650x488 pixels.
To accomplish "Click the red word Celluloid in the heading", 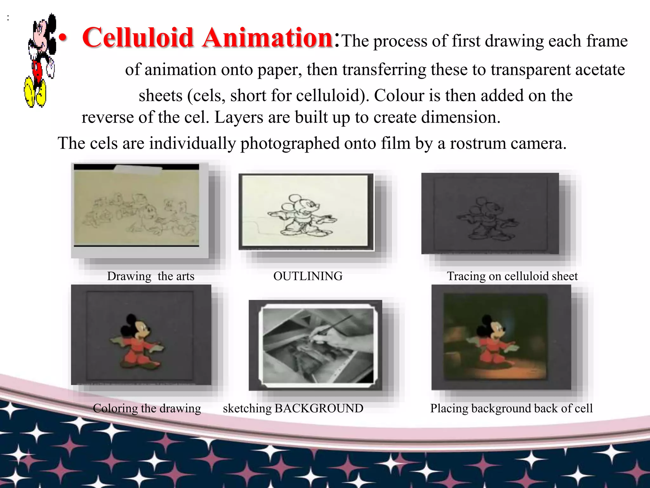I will click(x=138, y=38).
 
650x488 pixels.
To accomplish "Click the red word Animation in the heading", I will click(x=268, y=38).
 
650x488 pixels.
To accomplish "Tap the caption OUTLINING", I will click(x=308, y=276).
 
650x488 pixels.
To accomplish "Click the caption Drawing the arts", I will click(x=150, y=276).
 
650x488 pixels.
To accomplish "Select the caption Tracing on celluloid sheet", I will click(x=512, y=276).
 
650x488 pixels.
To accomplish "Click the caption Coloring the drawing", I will click(x=147, y=408).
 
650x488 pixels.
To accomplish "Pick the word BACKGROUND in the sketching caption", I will click(x=319, y=408).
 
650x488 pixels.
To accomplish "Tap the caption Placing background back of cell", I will click(x=511, y=408).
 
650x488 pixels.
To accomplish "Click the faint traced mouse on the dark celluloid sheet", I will click(x=487, y=219).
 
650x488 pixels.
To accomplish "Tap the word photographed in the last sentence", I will click(x=290, y=144).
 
